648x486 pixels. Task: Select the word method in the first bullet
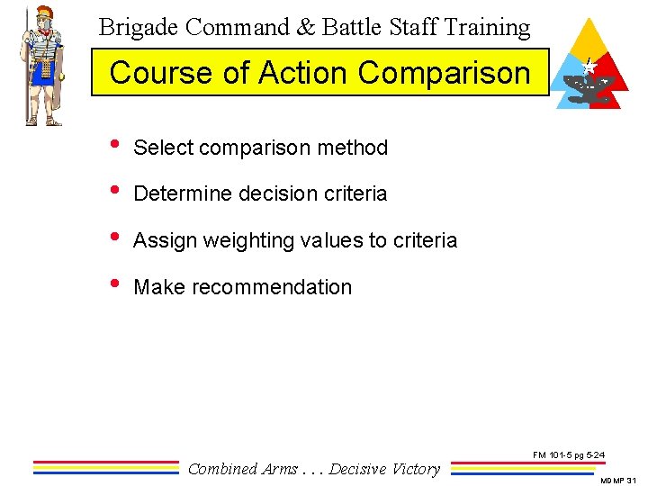coord(354,148)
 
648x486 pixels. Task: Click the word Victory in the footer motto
coord(415,469)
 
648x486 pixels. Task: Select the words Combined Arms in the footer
coord(242,469)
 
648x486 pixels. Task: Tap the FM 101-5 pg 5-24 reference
coord(568,456)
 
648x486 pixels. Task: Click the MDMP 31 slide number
coord(619,481)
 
